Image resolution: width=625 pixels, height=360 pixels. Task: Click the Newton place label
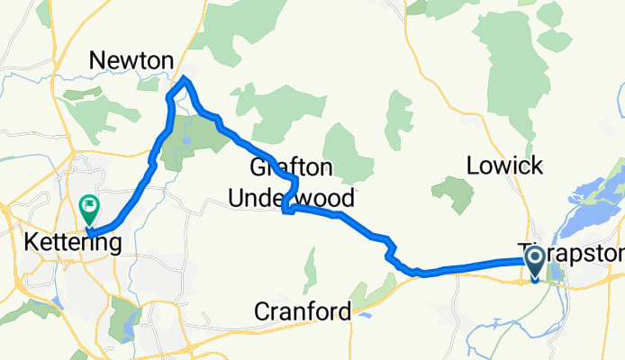click(131, 60)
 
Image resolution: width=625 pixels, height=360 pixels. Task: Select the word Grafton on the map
click(290, 168)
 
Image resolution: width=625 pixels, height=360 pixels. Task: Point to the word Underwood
click(290, 197)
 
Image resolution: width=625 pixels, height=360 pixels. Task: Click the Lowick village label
click(504, 166)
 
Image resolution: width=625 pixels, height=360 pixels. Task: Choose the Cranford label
click(303, 312)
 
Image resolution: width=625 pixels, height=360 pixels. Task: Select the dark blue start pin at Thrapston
click(534, 263)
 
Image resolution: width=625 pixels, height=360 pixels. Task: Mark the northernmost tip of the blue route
click(185, 79)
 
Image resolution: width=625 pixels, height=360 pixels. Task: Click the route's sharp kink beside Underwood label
click(285, 210)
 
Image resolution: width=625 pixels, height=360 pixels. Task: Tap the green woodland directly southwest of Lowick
click(452, 190)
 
